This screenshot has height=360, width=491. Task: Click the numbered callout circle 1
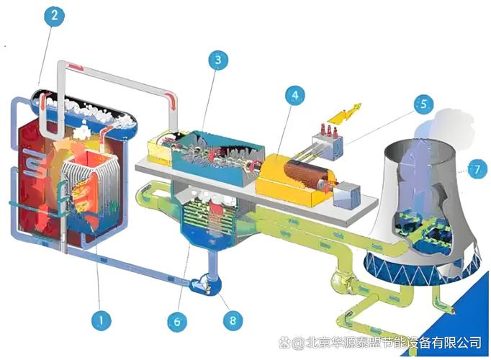coord(101,320)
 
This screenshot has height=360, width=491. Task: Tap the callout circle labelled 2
coord(55,15)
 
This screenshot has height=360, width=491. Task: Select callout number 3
coord(218,60)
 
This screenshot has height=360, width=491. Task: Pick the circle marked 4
coord(295,95)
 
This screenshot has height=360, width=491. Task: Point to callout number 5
coord(423,104)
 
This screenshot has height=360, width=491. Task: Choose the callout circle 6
coord(177,321)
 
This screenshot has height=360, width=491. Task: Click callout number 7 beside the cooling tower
coord(477,169)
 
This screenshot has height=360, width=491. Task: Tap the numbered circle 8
coord(233,320)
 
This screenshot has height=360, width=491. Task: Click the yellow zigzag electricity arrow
coord(343,113)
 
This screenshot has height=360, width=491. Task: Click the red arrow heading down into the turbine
coord(171,100)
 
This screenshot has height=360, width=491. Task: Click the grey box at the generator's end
coord(346,195)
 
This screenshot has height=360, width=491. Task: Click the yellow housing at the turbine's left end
coord(160,150)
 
